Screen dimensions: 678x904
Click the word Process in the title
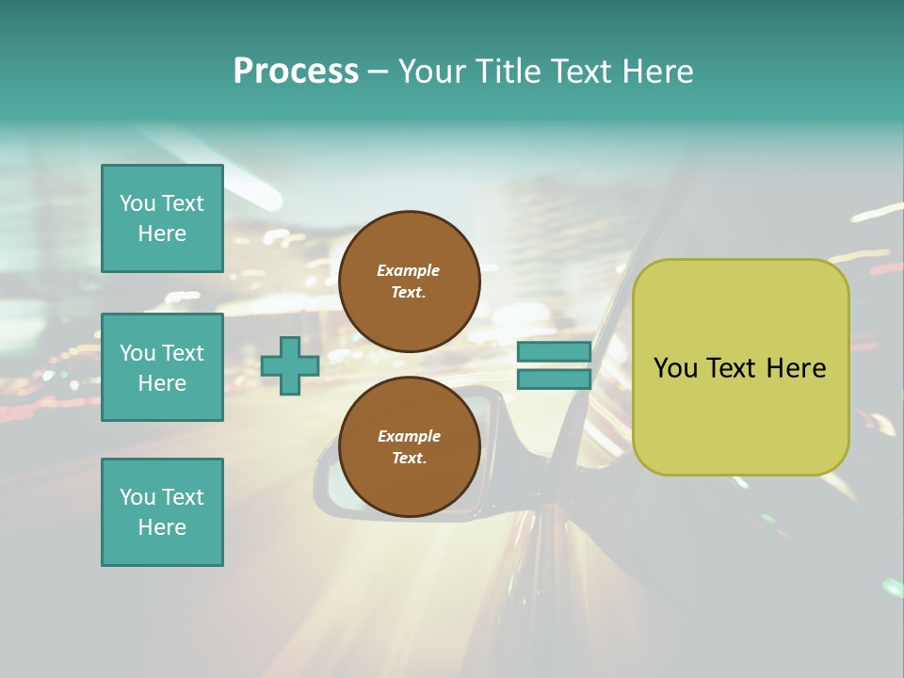click(296, 72)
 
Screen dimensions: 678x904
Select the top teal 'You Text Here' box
click(162, 218)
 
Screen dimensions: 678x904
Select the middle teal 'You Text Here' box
click(162, 367)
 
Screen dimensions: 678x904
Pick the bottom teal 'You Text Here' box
click(162, 512)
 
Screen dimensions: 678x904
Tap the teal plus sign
click(289, 366)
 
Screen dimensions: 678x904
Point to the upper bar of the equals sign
click(554, 352)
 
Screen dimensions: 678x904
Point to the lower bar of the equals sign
click(554, 379)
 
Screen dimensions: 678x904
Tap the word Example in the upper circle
click(409, 270)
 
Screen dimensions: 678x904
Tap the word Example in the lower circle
click(409, 436)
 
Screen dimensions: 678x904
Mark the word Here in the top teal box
click(162, 234)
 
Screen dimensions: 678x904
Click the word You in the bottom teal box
click(137, 497)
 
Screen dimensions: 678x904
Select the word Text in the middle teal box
click(182, 353)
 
